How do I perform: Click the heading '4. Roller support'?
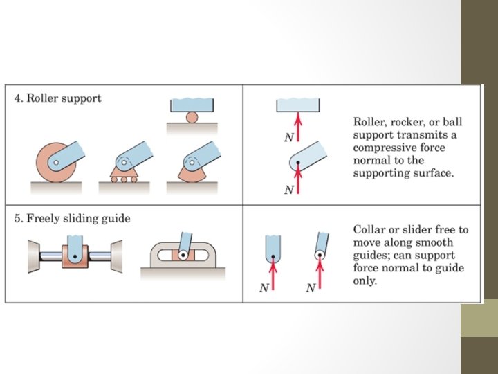(x=58, y=98)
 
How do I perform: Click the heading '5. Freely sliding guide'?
(x=72, y=219)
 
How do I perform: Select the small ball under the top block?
(x=192, y=117)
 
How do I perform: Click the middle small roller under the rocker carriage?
(x=122, y=179)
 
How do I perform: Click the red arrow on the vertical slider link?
(x=273, y=273)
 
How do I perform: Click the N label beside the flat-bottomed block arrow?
(x=289, y=137)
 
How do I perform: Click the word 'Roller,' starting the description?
(x=369, y=122)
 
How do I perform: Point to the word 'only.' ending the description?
(x=365, y=281)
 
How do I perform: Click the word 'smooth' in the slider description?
(x=435, y=242)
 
